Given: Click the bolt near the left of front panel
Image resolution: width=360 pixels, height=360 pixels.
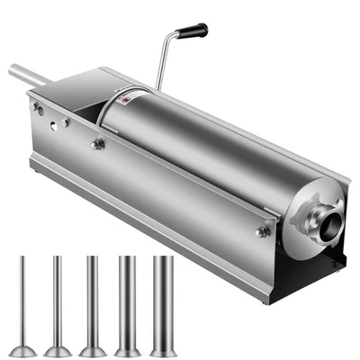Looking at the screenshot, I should (98, 144).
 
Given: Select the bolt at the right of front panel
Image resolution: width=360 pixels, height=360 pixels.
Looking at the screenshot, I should (262, 231).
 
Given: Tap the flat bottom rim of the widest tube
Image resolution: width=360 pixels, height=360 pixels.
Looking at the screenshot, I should (163, 350).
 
